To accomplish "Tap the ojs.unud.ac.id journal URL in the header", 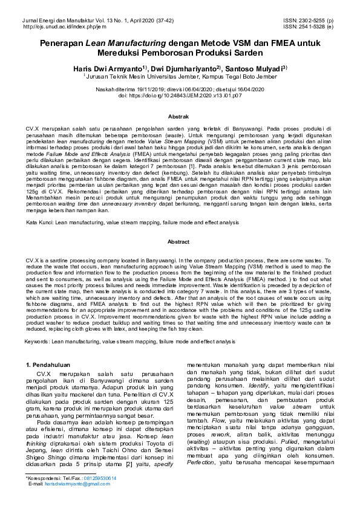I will pyautogui.click(x=56, y=27).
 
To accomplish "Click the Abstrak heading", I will pyautogui.click(x=180, y=116).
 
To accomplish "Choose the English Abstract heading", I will pyautogui.click(x=180, y=242).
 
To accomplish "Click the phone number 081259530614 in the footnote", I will pyautogui.click(x=99, y=478).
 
